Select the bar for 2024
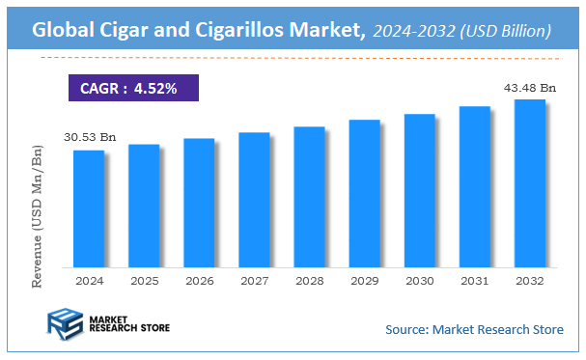tap(88, 208)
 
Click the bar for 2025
tap(143, 206)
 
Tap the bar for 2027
tap(254, 200)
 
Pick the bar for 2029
tap(364, 193)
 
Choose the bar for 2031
tap(474, 186)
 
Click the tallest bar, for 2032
tap(530, 183)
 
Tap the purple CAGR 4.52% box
tap(132, 88)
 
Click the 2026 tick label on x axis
tap(199, 281)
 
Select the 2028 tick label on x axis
tap(309, 281)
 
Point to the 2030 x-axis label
tap(419, 281)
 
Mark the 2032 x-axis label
tap(530, 281)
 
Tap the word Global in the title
tap(65, 31)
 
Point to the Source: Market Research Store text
tap(474, 330)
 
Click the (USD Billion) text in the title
tap(506, 32)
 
